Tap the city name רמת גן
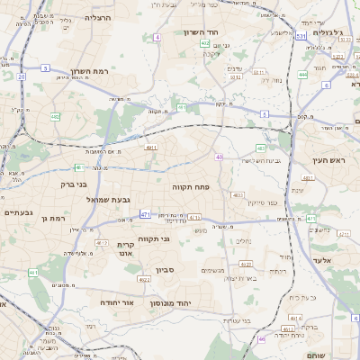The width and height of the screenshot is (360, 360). (56, 218)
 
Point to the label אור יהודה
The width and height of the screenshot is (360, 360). (117, 302)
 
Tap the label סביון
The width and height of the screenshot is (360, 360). (176, 268)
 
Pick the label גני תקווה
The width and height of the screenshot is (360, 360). (155, 239)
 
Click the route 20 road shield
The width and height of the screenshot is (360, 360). (21, 76)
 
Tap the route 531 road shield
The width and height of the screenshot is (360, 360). (301, 36)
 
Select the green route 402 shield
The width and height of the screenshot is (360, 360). (205, 42)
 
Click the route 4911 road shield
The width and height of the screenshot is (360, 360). (151, 148)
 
